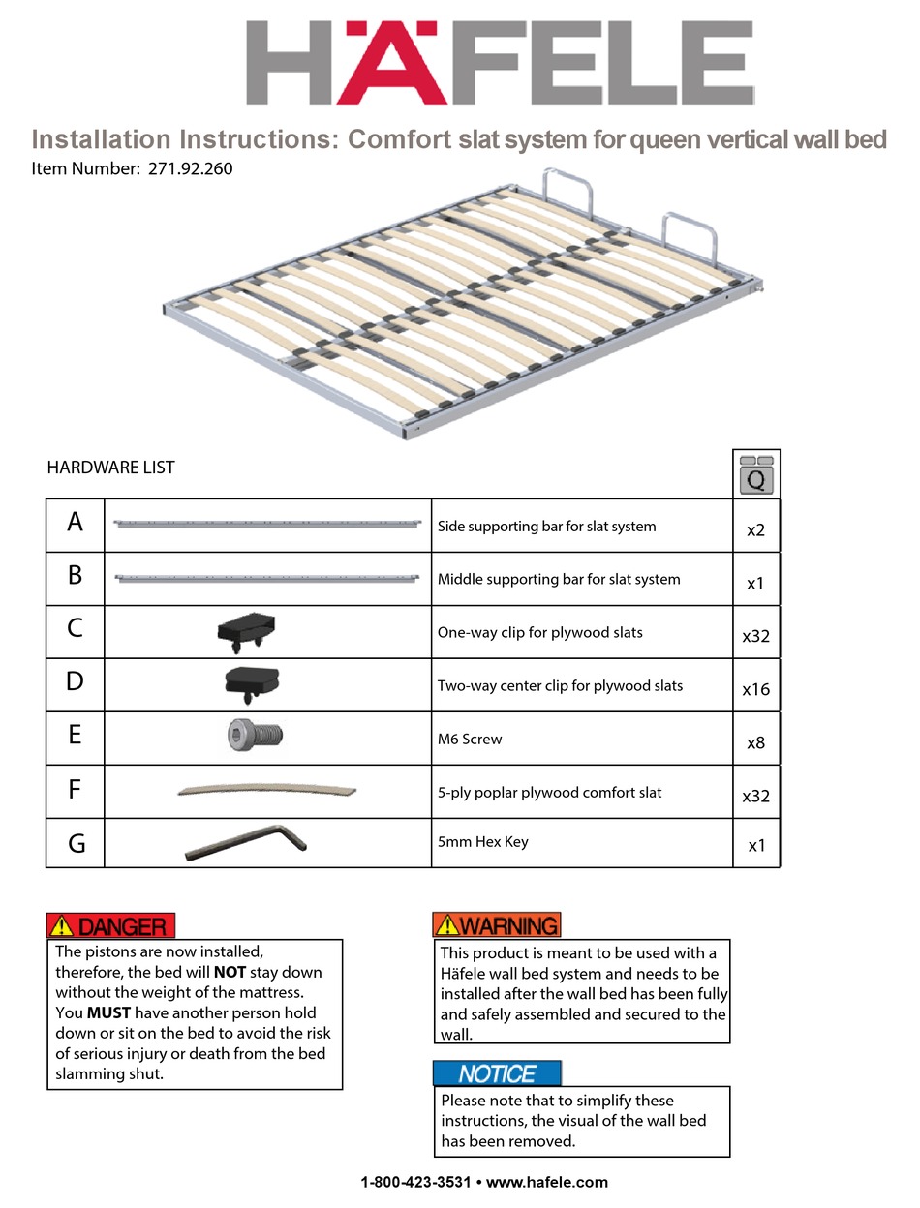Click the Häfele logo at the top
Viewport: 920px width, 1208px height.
pos(499,63)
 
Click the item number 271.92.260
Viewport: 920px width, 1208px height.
pos(190,168)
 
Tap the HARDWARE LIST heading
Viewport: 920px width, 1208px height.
pos(110,468)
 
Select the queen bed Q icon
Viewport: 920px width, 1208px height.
pos(756,474)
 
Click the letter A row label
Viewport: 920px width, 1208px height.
pos(75,524)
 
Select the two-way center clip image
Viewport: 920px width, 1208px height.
pos(251,683)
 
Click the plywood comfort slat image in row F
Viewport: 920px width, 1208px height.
pos(266,791)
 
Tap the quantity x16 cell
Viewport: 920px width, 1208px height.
pos(755,689)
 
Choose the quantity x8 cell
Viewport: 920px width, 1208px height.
pos(755,743)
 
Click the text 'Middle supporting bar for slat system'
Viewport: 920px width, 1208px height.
pos(559,579)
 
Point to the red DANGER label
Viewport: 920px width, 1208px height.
pos(111,926)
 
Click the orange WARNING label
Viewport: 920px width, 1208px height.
pos(497,925)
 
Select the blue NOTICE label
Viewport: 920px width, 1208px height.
pos(497,1073)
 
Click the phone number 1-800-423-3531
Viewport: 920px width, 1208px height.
pos(415,1182)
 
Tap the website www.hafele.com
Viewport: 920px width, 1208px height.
pos(547,1182)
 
